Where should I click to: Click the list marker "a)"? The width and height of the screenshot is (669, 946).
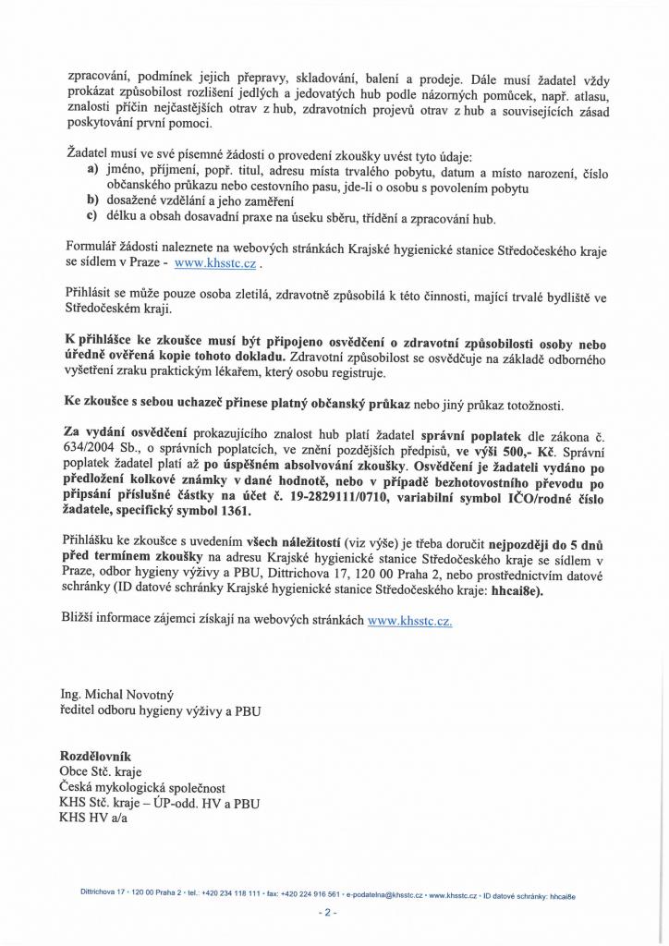(92, 172)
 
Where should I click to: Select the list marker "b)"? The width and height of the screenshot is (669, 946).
(92, 200)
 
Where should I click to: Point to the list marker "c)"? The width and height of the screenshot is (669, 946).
(92, 219)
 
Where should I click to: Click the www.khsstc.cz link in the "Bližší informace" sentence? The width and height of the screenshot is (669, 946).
(409, 622)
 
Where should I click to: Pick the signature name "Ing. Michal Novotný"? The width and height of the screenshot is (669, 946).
(116, 694)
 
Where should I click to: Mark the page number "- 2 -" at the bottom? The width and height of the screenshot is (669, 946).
(328, 913)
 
